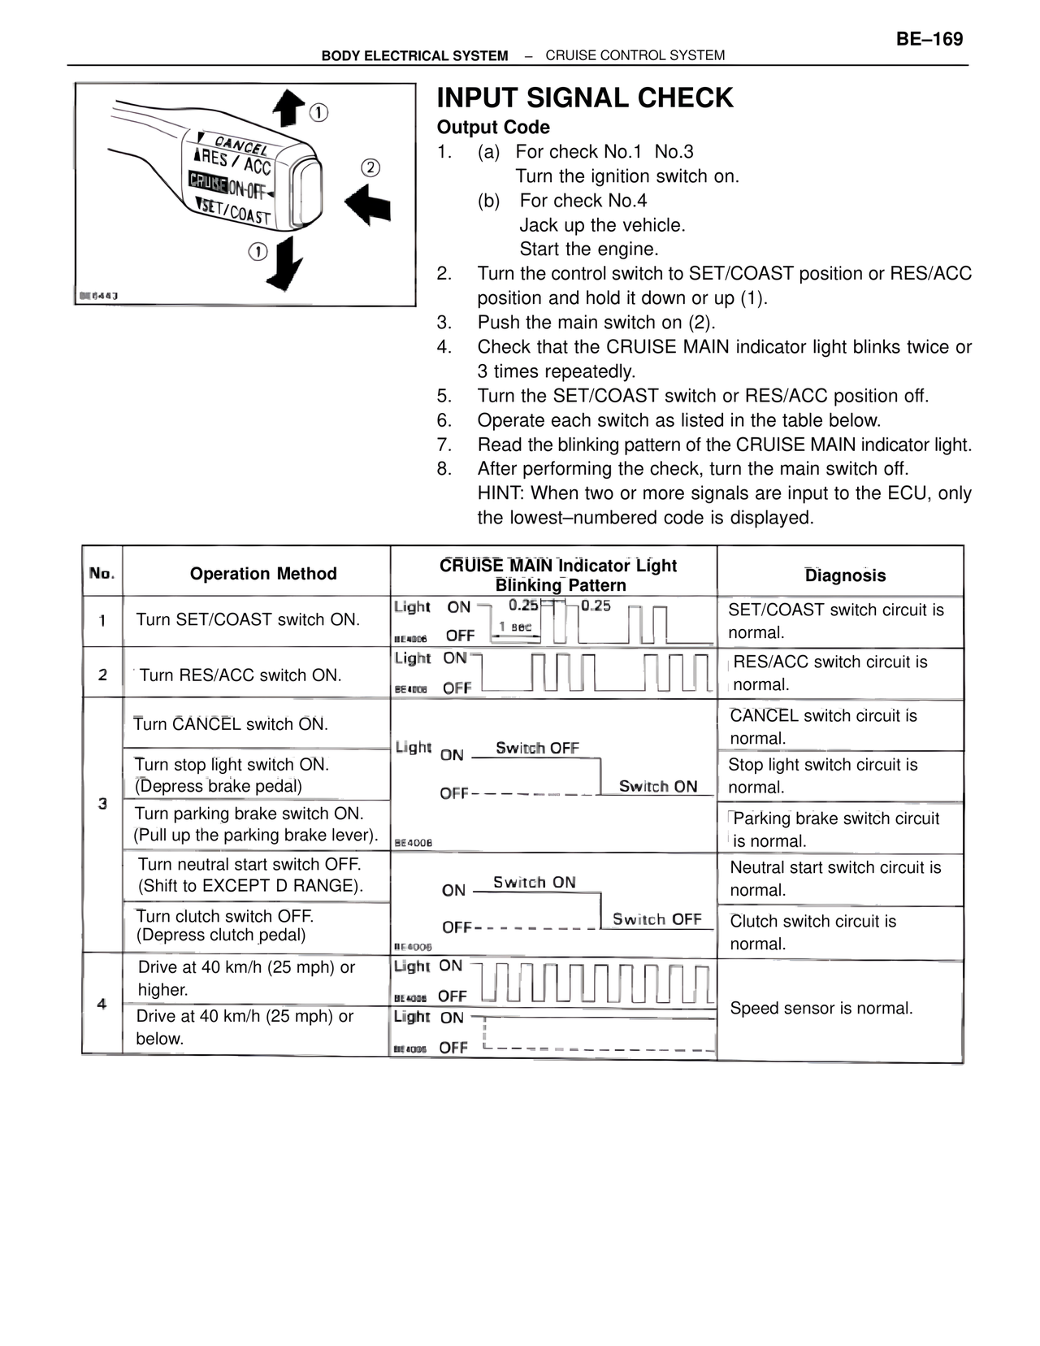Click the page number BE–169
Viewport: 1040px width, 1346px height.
[929, 39]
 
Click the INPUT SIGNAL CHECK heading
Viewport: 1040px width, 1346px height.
[585, 98]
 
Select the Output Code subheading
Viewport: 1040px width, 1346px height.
[493, 128]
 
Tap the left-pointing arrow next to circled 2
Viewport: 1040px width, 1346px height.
[367, 202]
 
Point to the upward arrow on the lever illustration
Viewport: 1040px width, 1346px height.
[288, 108]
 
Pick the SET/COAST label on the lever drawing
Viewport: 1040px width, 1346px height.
[236, 211]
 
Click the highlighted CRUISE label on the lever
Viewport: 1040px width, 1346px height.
[207, 181]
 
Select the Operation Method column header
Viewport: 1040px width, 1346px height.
[263, 574]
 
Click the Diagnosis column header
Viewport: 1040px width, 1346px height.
[845, 575]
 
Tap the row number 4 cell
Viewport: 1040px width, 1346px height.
[102, 1004]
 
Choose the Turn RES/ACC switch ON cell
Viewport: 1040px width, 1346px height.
[240, 675]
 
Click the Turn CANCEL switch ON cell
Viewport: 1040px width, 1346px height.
[231, 724]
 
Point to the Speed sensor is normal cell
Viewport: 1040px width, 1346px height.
[821, 1009]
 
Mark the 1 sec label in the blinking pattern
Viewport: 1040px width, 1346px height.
[515, 627]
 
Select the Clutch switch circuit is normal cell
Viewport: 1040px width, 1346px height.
[812, 932]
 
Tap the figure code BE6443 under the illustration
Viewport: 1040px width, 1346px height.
[98, 296]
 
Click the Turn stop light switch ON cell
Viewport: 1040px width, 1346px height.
[232, 775]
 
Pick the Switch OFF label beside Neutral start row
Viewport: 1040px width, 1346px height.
[656, 919]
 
